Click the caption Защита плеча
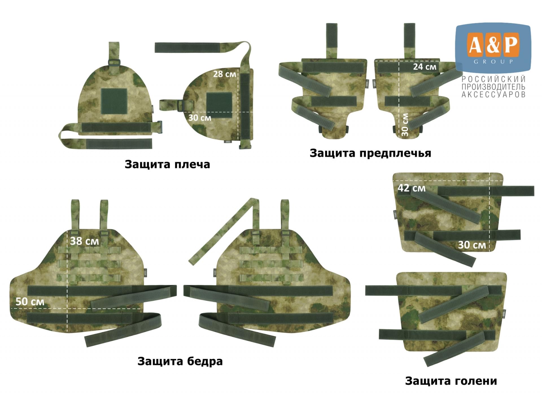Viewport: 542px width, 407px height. click(167, 164)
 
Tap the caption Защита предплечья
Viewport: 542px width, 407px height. click(370, 153)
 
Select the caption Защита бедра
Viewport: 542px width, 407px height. click(180, 361)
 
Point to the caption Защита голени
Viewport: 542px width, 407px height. click(451, 381)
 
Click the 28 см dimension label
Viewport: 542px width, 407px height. click(224, 74)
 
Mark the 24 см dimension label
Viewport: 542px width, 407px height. click(425, 67)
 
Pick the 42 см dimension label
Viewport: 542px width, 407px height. click(412, 188)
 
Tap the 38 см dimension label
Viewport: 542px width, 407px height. click(84, 241)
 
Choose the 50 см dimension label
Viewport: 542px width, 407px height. click(30, 302)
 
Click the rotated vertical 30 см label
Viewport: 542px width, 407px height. click(405, 125)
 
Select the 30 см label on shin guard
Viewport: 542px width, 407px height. click(472, 245)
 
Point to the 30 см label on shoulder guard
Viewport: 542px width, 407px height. click(200, 118)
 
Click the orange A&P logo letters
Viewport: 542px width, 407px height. click(493, 45)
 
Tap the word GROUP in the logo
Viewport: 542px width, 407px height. click(493, 62)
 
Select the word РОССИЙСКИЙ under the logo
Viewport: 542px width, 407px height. click(493, 79)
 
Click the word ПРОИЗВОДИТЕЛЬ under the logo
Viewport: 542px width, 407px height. click(493, 87)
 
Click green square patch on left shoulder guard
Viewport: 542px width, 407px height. click(114, 101)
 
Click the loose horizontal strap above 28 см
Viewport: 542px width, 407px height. click(187, 47)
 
